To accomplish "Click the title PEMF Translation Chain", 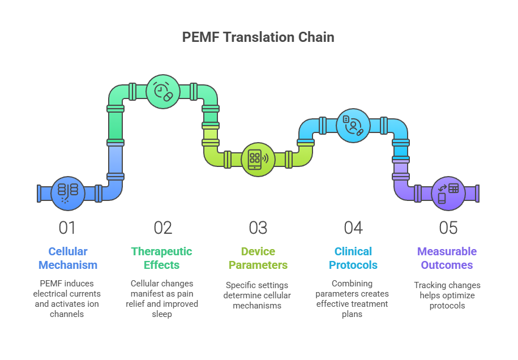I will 258,37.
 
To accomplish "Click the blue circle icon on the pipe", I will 68,193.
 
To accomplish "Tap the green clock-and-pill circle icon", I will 163,91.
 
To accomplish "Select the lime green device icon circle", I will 258,159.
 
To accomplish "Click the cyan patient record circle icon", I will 353,126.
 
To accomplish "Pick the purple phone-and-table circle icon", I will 448,193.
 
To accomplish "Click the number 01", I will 67,228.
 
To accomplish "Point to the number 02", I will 163,228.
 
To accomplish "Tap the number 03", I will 258,228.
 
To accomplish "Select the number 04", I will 353,228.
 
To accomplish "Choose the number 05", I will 448,228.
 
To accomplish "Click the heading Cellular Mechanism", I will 68,258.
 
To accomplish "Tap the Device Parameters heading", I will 258,258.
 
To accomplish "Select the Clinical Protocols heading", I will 353,258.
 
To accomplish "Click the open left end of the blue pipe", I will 39,194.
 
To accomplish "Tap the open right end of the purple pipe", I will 477,194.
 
